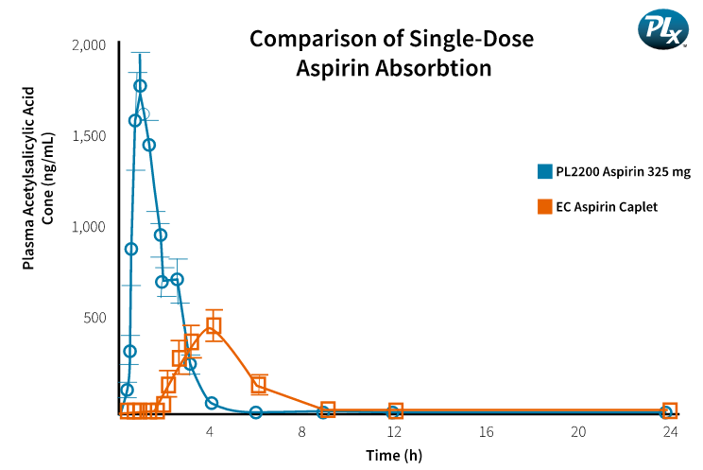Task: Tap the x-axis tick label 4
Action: [210, 432]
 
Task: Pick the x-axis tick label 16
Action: [487, 432]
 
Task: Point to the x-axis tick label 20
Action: [578, 432]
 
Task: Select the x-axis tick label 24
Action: [670, 432]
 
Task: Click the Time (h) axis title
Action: [394, 456]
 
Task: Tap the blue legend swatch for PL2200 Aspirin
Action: [544, 171]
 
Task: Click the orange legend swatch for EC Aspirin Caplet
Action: [544, 206]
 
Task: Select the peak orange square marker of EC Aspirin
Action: [214, 326]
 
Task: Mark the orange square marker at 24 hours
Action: [670, 410]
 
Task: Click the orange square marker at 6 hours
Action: [259, 385]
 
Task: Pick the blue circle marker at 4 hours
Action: [212, 403]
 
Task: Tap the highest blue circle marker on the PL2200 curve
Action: [140, 85]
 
